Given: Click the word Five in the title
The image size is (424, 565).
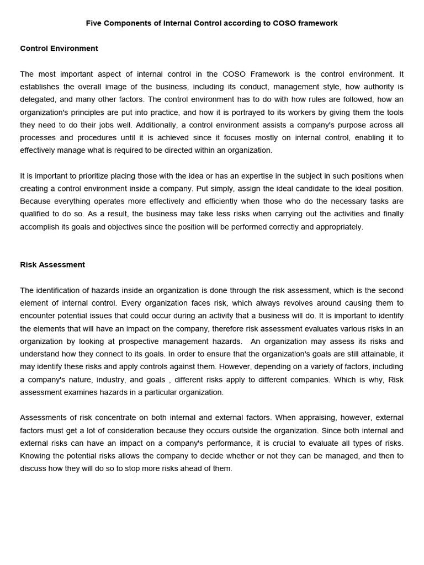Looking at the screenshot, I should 94,23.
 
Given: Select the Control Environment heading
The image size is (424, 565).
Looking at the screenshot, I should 59,48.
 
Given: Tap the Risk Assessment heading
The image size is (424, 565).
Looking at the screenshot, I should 52,264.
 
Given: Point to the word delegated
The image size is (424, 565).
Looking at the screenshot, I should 38,99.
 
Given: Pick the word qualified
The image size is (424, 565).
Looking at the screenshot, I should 36,214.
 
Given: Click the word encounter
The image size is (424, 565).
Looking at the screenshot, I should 38,316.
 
